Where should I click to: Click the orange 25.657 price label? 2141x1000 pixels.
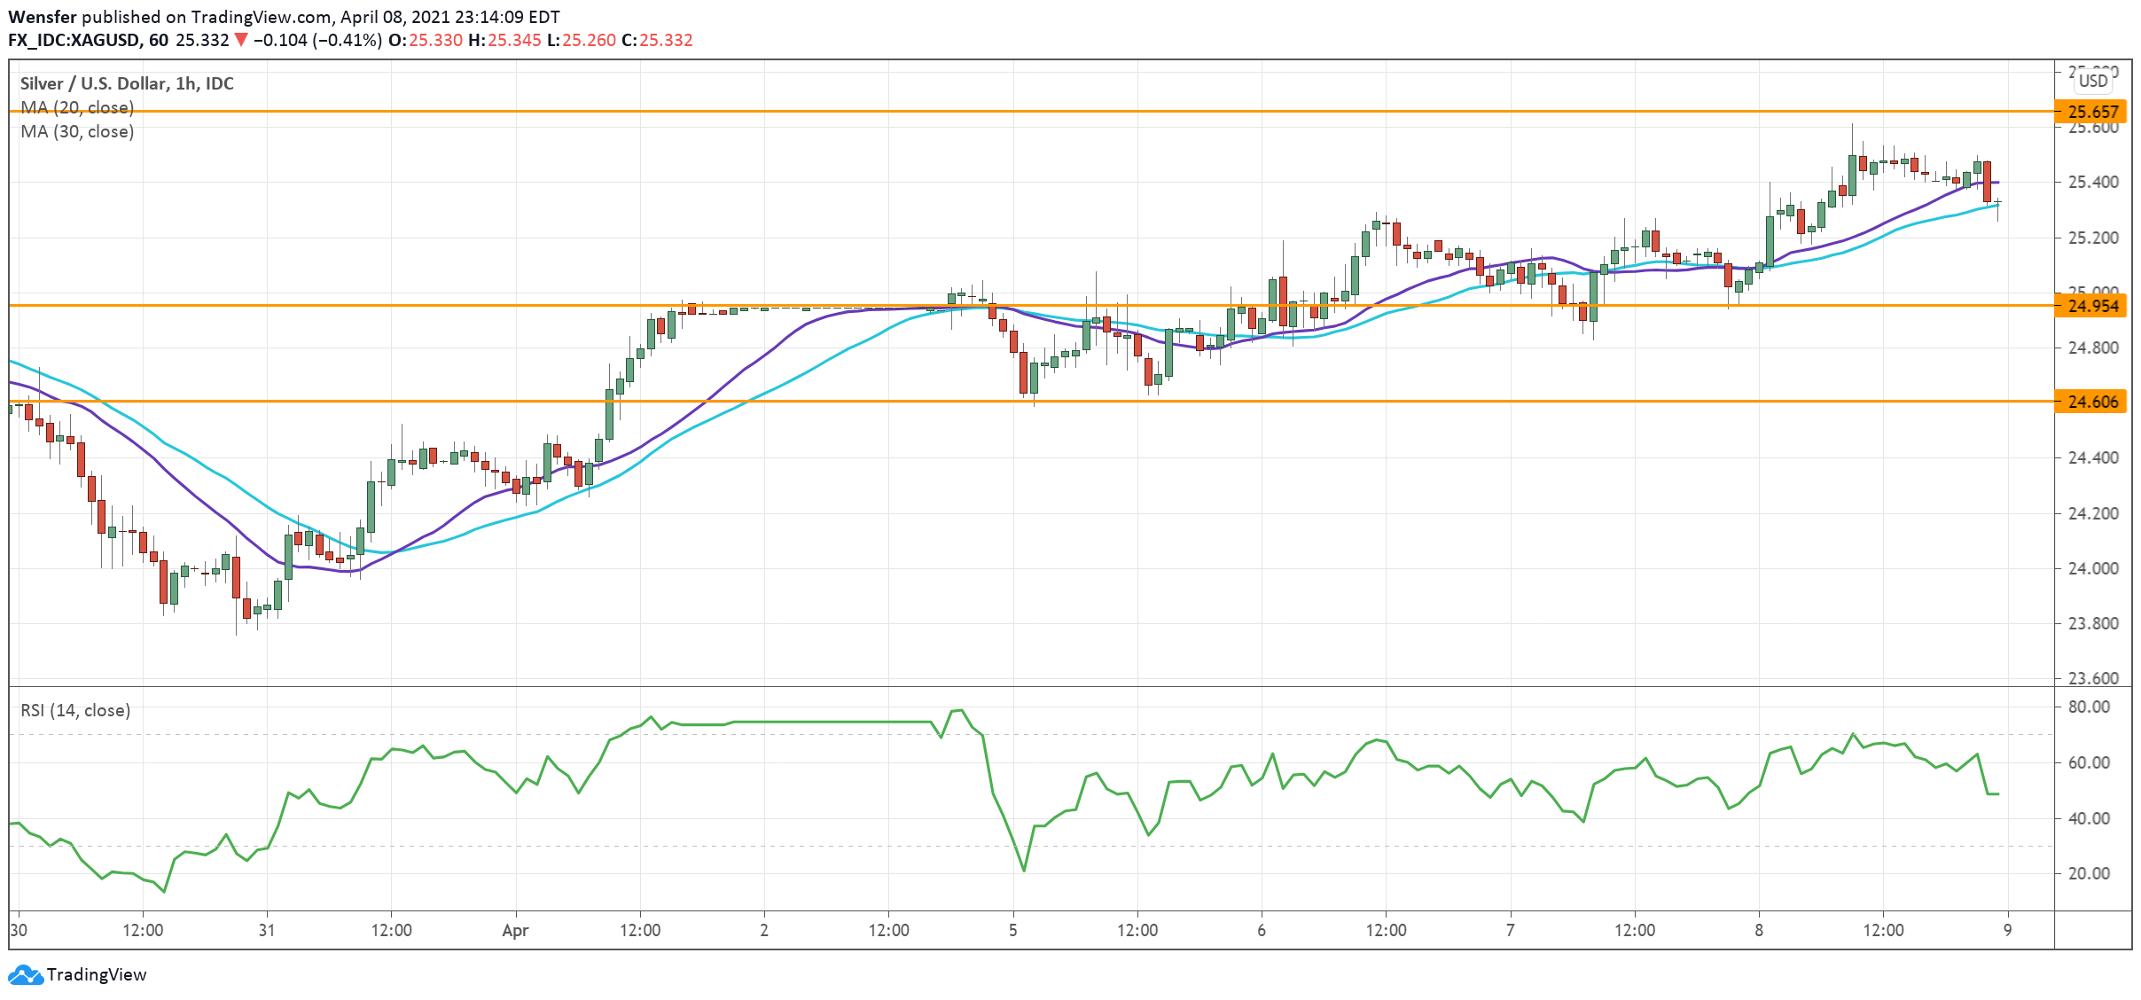tap(2092, 112)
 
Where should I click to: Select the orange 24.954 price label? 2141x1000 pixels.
tap(2092, 306)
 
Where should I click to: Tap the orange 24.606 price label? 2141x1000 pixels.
tap(2092, 402)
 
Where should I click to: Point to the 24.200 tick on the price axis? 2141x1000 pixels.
tap(2093, 513)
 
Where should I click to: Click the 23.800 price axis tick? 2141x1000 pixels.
tap(2093, 623)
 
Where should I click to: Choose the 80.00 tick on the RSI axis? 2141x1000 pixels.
tap(2088, 707)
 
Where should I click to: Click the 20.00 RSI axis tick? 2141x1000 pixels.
tap(2088, 873)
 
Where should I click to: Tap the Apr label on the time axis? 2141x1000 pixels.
tap(515, 930)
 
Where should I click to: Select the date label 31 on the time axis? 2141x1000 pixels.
tap(267, 930)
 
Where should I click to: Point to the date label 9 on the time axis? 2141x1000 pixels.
tap(2008, 930)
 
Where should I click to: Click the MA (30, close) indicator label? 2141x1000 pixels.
tap(77, 132)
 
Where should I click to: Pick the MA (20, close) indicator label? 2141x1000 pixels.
tap(77, 107)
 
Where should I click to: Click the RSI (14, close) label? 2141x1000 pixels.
tap(75, 710)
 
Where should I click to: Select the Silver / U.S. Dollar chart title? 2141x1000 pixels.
tap(127, 83)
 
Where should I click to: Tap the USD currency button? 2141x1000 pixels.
tap(2093, 81)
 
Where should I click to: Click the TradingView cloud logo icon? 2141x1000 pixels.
tap(25, 974)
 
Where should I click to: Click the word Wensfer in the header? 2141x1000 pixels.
tap(43, 17)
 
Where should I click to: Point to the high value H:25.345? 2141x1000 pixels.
tap(504, 40)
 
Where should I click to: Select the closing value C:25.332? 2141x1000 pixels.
tap(657, 40)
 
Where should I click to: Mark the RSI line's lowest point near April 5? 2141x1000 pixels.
tap(1024, 871)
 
